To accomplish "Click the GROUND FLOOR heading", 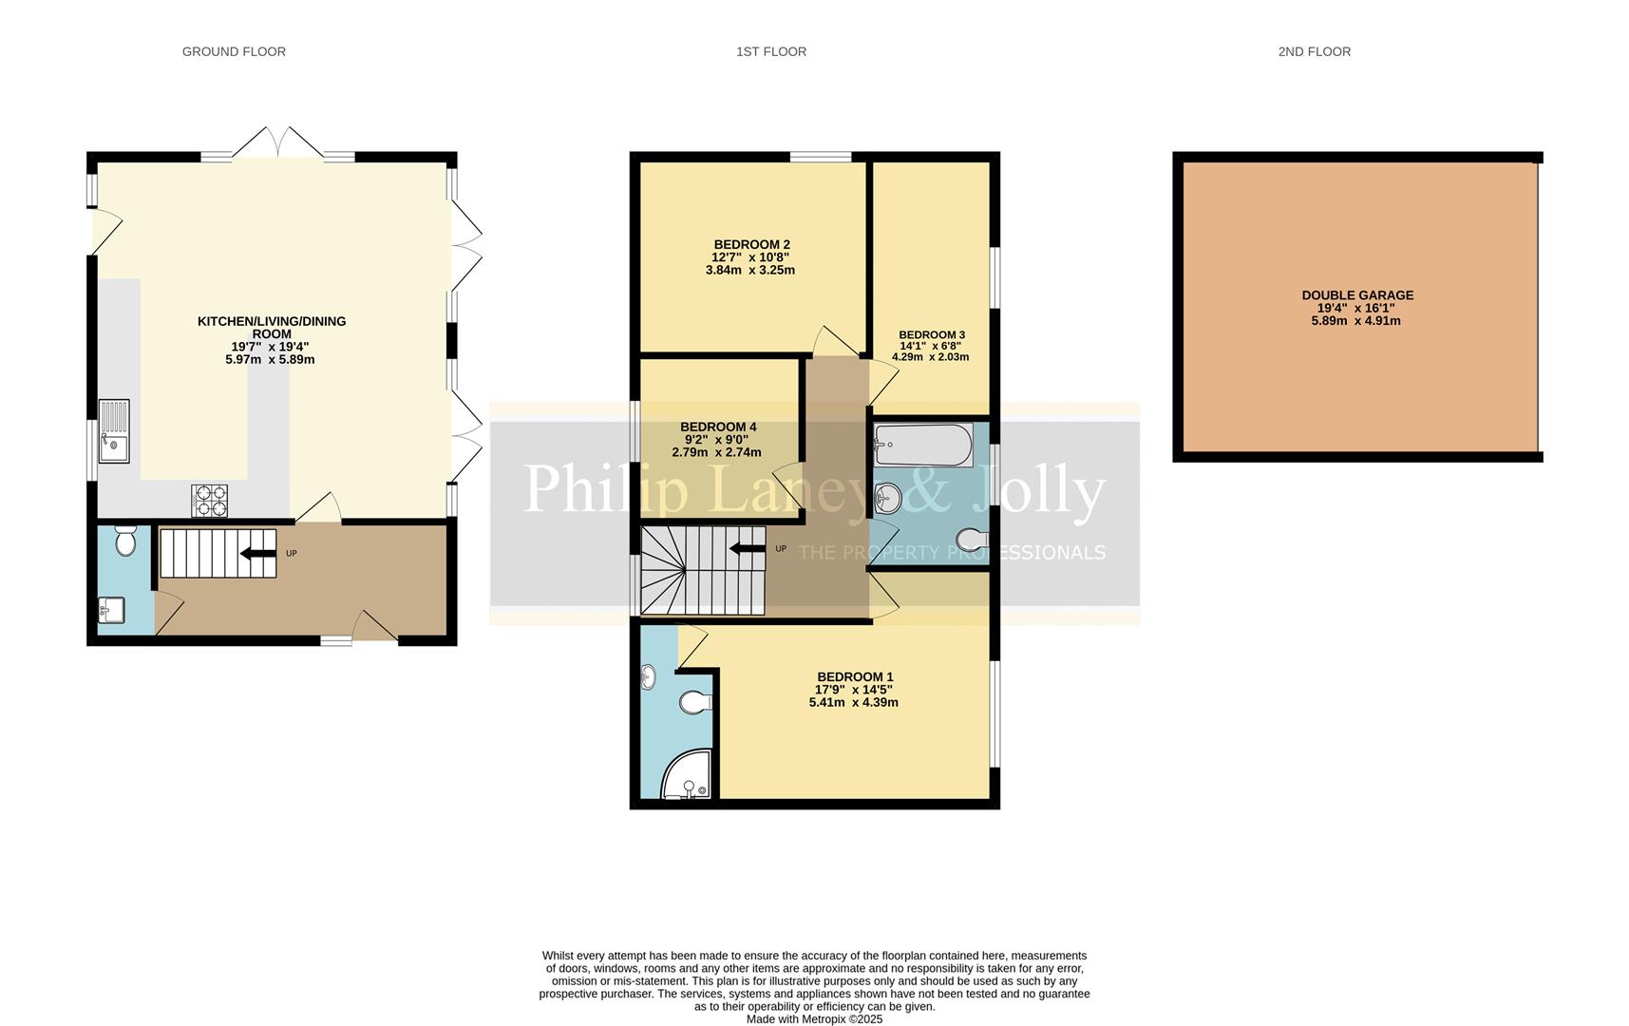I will point(234,51).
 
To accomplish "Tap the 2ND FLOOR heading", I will point(1314,51).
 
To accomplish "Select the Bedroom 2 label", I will point(751,244).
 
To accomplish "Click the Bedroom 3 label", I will point(931,334).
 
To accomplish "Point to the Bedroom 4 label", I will point(718,427).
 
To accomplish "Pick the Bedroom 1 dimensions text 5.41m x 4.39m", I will point(853,703).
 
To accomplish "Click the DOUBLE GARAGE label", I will point(1356,295).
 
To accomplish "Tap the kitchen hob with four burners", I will point(210,501).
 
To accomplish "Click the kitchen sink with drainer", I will point(114,431).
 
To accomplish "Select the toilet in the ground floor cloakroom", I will point(125,541).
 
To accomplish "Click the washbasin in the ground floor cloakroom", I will point(111,609).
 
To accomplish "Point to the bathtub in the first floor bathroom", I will point(923,445).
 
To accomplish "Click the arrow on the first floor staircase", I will point(747,548).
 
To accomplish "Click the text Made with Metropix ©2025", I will point(814,1018).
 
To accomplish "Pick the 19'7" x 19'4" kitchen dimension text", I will point(271,347).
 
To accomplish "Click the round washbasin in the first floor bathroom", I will point(886,496).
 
